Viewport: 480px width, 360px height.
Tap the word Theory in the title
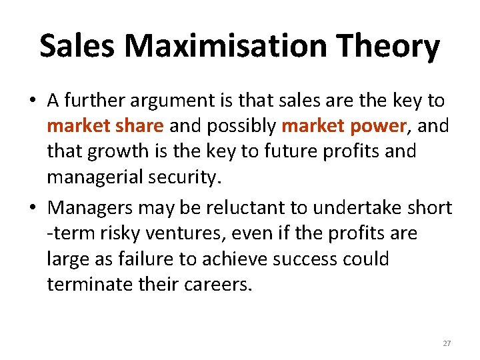pos(387,47)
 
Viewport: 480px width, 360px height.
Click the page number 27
pos(447,343)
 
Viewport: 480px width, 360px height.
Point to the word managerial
pos(99,177)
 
